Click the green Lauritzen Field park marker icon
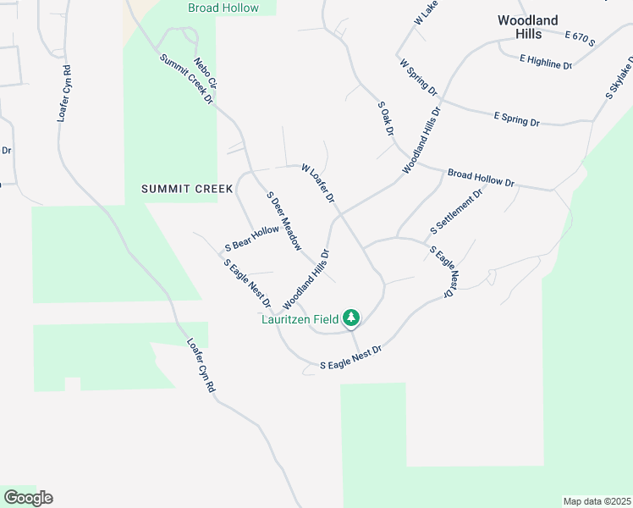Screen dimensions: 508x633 click(x=351, y=318)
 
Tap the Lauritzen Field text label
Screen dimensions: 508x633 click(x=300, y=319)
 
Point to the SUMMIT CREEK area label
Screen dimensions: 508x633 click(x=187, y=189)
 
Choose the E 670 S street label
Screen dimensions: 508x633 click(x=580, y=38)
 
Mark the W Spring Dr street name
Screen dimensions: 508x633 click(x=418, y=77)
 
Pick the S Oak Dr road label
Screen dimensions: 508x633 click(x=387, y=119)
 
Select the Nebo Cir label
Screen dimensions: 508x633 click(x=206, y=72)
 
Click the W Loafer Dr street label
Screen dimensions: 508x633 click(x=319, y=183)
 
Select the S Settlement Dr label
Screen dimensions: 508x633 click(x=456, y=211)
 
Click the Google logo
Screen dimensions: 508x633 click(x=28, y=498)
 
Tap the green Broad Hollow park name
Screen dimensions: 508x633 click(x=223, y=8)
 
